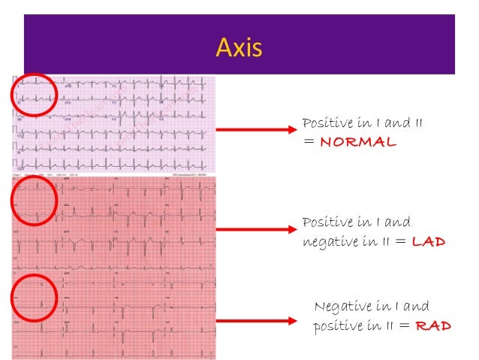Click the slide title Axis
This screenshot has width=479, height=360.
click(x=239, y=48)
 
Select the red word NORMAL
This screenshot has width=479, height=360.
click(x=357, y=142)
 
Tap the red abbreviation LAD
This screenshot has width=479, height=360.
click(x=429, y=241)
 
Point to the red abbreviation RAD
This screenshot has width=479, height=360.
click(x=433, y=326)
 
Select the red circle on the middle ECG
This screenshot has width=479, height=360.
click(x=33, y=200)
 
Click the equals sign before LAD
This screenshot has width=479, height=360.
click(x=401, y=242)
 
